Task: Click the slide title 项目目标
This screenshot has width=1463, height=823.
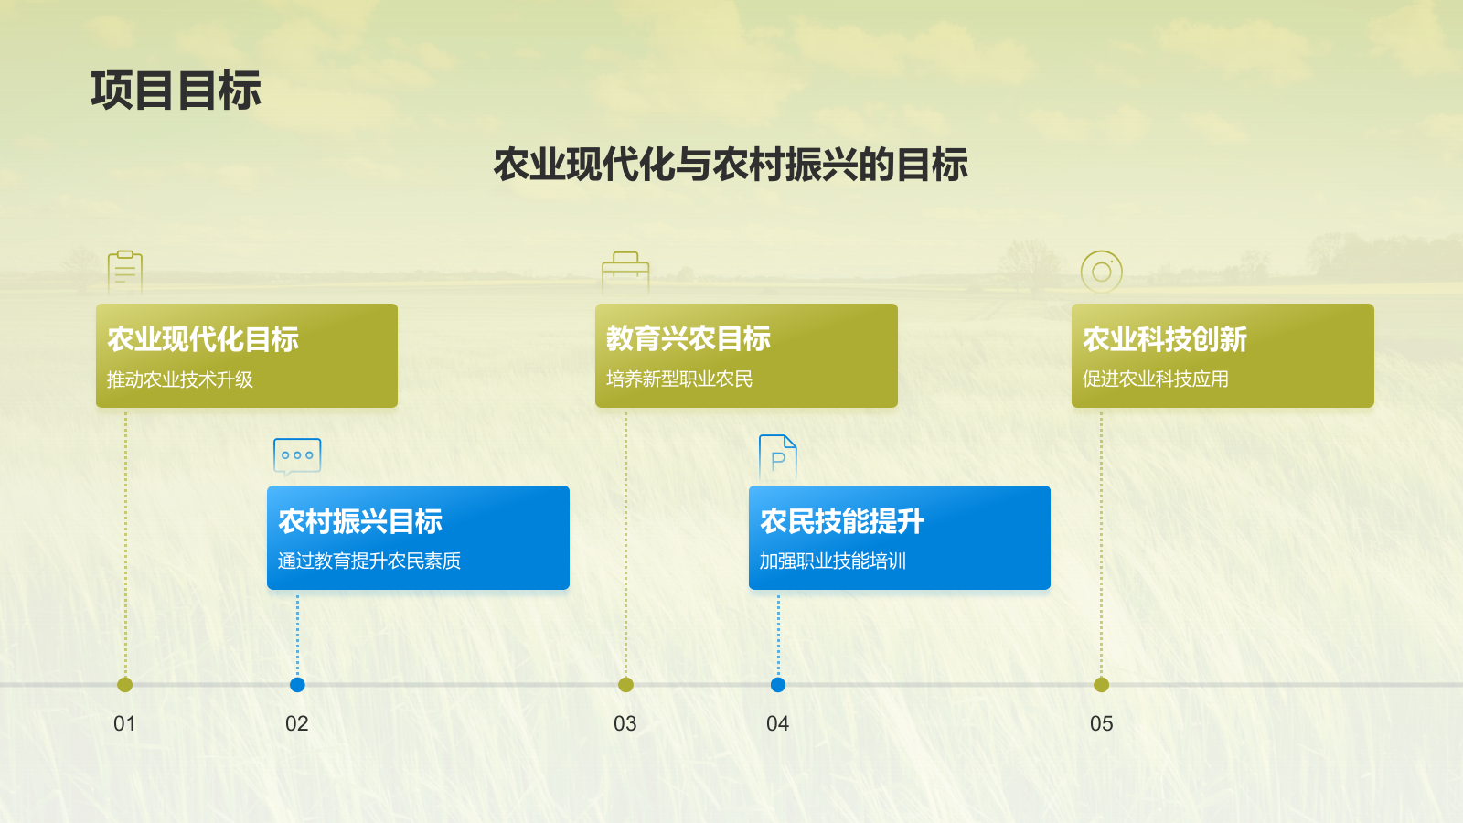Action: point(176,91)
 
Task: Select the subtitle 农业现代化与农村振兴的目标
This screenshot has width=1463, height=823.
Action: point(731,165)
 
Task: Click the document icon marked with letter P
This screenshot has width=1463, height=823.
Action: point(778,457)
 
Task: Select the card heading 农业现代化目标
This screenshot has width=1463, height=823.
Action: point(203,339)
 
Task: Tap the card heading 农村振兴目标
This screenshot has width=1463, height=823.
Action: point(360,521)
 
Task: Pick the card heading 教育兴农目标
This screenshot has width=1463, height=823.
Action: point(689,338)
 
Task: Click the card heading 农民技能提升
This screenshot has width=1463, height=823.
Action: point(842,521)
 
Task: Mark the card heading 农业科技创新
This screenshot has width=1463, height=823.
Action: point(1165,339)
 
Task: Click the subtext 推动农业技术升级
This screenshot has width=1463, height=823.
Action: point(179,379)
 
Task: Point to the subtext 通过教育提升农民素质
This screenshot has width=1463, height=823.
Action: point(369,561)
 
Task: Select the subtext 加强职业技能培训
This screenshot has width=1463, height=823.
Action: point(833,561)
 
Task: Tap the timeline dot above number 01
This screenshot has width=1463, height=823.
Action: point(124,685)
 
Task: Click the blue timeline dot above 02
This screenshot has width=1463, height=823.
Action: point(297,685)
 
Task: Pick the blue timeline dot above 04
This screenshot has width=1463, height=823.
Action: point(778,685)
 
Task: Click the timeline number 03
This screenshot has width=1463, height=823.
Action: point(625,723)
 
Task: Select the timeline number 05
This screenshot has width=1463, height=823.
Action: point(1101,723)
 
